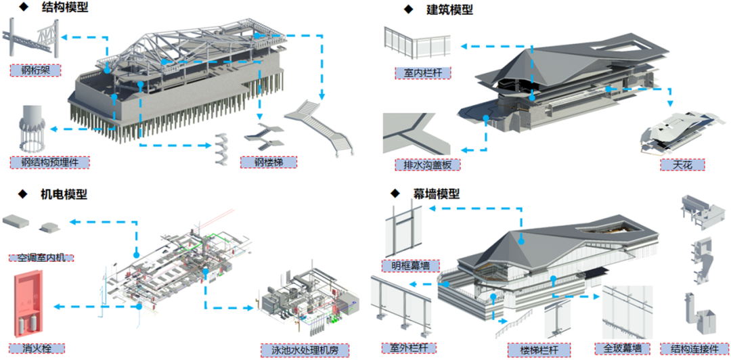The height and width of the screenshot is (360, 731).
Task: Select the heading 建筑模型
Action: [449, 10]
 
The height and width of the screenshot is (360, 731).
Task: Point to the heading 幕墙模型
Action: [436, 194]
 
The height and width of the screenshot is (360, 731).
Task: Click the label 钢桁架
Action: [36, 69]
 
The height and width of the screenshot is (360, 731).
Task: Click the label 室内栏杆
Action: [422, 73]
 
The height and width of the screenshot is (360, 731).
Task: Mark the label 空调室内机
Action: [41, 257]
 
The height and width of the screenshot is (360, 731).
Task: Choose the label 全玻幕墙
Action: [622, 349]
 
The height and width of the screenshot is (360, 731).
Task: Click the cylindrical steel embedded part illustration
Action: [31, 129]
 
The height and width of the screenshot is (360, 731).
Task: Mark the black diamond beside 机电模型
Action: [23, 195]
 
